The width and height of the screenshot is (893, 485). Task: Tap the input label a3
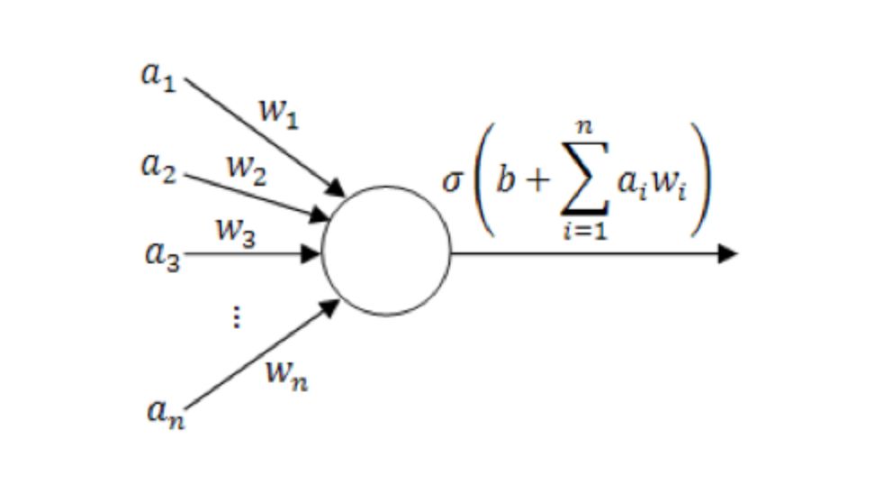(x=162, y=253)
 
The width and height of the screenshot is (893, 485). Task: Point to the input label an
(x=165, y=411)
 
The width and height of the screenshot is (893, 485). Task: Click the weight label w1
(x=278, y=114)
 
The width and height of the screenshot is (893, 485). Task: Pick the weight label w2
(x=245, y=169)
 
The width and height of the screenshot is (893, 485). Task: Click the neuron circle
(x=386, y=252)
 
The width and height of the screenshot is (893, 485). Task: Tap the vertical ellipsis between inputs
(x=236, y=316)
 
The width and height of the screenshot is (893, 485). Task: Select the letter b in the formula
(x=505, y=179)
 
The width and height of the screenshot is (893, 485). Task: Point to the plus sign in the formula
(x=537, y=181)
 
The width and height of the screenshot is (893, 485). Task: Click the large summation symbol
(x=583, y=179)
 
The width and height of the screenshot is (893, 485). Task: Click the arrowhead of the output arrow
(x=727, y=253)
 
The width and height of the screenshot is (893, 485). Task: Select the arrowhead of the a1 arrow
(x=337, y=188)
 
